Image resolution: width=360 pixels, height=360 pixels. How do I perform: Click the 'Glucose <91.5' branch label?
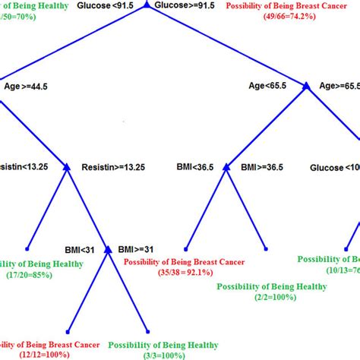click(x=109, y=6)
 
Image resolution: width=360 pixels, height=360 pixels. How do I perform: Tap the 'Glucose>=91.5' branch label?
click(x=184, y=6)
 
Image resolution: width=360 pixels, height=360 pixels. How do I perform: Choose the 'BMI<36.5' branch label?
click(x=195, y=166)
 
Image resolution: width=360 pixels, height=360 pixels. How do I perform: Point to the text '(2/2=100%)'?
click(x=271, y=298)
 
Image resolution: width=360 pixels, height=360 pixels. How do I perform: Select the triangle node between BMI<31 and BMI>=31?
click(x=107, y=248)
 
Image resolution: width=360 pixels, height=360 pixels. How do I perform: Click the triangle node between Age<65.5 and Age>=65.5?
click(x=307, y=87)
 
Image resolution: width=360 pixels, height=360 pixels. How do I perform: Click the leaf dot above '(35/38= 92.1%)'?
click(x=187, y=248)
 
